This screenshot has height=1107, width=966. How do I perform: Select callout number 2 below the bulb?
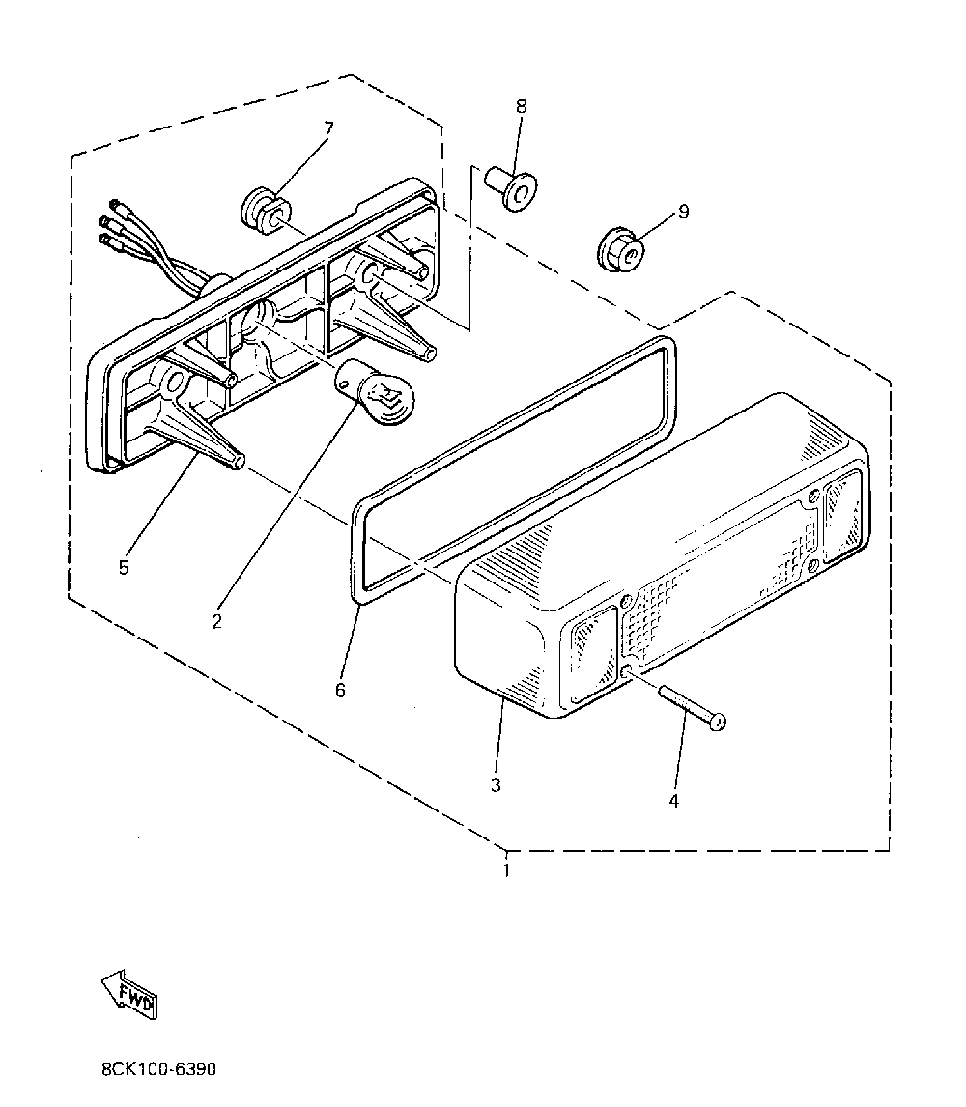pos(216,621)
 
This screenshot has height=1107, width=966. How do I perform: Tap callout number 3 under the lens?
pos(496,784)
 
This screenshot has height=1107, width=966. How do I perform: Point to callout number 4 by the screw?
pos(674,800)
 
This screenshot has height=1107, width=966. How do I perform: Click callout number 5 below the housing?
pos(124,567)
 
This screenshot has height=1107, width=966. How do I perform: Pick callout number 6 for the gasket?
pos(340,690)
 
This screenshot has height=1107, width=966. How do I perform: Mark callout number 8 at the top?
pos(522,106)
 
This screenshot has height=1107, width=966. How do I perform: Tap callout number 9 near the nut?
pos(683,212)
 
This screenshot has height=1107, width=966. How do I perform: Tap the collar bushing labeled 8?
pos(512,187)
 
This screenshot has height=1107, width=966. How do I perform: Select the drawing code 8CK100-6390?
pos(157,1069)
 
